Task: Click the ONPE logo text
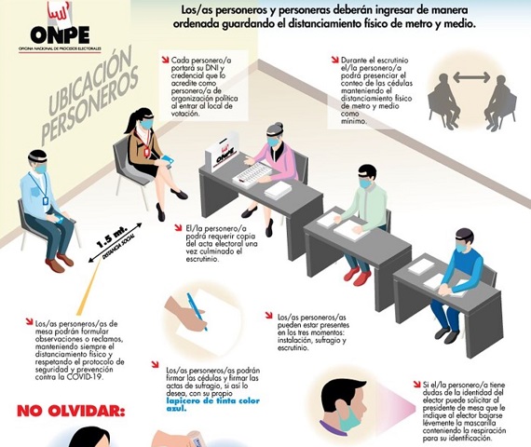pos(37,34)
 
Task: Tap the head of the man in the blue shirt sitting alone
pos(36,161)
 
